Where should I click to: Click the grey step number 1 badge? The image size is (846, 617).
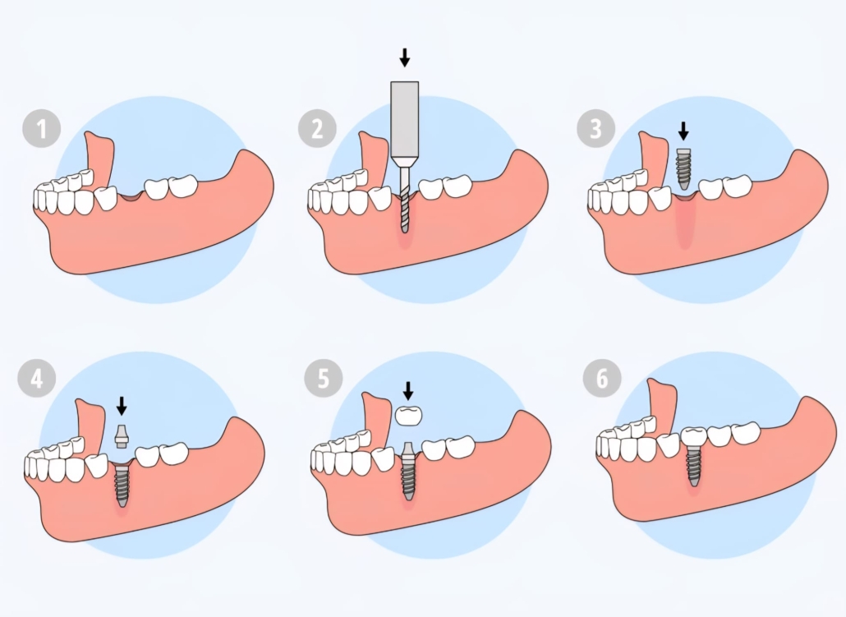click(x=42, y=129)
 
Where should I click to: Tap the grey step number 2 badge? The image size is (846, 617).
click(x=317, y=129)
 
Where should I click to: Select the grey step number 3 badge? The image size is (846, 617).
click(x=595, y=129)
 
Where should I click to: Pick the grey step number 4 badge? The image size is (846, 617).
click(x=37, y=379)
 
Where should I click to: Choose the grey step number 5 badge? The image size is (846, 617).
click(x=323, y=379)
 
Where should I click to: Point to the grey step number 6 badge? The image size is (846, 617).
click(x=602, y=379)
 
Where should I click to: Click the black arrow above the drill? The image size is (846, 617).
click(x=405, y=57)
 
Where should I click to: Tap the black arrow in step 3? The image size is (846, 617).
click(x=683, y=131)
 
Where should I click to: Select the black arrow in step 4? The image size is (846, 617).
click(x=122, y=406)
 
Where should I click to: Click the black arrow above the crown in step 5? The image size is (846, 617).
click(x=408, y=391)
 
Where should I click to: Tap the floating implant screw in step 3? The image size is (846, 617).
click(x=683, y=168)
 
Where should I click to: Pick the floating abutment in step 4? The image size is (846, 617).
click(x=122, y=436)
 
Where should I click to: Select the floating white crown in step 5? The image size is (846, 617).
click(x=408, y=415)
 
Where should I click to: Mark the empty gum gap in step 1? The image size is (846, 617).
click(x=130, y=196)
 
